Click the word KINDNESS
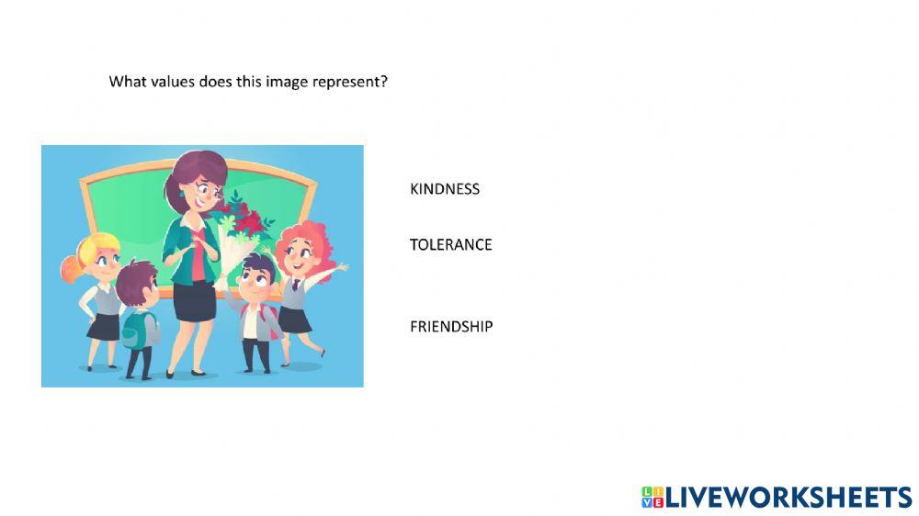[x=445, y=189]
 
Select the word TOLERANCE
[x=450, y=244]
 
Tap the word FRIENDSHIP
[x=451, y=326]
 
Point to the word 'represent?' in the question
[x=352, y=82]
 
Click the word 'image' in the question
[x=287, y=82]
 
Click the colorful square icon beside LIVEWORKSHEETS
[x=652, y=498]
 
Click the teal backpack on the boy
[x=136, y=328]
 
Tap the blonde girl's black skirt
[x=104, y=327]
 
